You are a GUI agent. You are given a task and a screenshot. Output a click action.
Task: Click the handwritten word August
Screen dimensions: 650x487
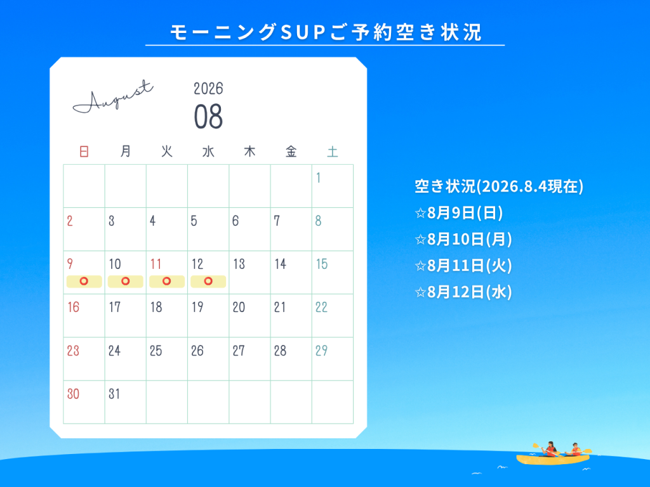click(x=113, y=97)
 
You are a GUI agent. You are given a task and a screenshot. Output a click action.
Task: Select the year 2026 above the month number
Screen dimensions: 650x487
click(x=208, y=88)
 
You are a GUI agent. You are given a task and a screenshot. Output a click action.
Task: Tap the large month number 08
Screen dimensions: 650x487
click(x=208, y=117)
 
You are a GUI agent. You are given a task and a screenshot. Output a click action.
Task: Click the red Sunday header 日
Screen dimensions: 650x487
click(x=84, y=152)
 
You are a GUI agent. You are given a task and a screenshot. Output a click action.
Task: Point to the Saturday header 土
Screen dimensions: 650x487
click(x=333, y=152)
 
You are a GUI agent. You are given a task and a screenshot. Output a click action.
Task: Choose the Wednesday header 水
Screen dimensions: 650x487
click(x=208, y=152)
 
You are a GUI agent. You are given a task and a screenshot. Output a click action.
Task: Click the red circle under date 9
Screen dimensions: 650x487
click(x=84, y=281)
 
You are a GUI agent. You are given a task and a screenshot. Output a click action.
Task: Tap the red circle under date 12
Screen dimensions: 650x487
click(x=208, y=281)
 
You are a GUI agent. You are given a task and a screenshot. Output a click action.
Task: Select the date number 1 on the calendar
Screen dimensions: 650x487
click(x=319, y=178)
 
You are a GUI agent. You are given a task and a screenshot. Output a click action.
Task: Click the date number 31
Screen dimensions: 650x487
click(x=114, y=393)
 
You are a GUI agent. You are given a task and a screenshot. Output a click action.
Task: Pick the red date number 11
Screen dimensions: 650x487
click(x=156, y=264)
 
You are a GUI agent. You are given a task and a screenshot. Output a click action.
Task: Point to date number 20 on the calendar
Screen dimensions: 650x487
click(x=239, y=307)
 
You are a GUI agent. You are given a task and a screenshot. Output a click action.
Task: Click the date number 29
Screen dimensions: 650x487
click(x=321, y=350)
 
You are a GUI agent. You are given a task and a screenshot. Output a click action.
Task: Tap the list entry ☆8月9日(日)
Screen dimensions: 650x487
click(x=458, y=213)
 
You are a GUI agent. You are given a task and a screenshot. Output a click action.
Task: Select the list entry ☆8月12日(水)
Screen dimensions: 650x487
click(x=463, y=292)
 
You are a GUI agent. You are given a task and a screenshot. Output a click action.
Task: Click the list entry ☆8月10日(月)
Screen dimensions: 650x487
click(x=463, y=239)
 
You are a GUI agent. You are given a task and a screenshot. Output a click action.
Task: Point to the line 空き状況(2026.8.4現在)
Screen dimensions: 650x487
click(x=499, y=186)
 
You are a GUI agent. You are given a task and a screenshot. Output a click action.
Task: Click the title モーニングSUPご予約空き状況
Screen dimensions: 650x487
click(x=326, y=32)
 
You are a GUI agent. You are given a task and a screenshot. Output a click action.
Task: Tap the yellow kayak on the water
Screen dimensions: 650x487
click(x=553, y=459)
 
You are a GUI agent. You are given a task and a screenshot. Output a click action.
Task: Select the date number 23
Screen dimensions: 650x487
click(x=73, y=350)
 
